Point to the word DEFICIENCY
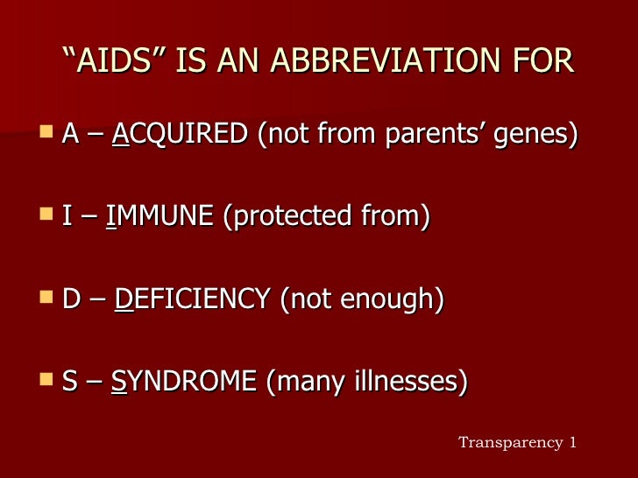[192, 299]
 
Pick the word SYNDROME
[184, 381]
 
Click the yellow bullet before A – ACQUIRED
[46, 134]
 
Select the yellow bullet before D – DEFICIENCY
[46, 298]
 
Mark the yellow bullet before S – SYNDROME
[46, 379]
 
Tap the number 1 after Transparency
[573, 442]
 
